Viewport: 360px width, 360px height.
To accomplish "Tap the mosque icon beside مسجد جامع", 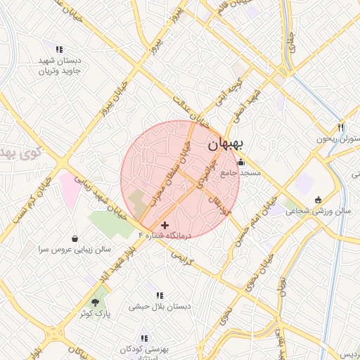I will [241, 162].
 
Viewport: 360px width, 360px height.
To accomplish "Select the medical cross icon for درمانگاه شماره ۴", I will [165, 225].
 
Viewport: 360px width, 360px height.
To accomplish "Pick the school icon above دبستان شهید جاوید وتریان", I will [59, 50].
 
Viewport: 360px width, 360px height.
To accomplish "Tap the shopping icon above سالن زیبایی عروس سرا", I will [75, 238].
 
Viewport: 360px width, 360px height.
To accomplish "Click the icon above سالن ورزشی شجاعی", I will [318, 200].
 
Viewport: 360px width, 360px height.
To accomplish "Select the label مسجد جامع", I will [241, 172].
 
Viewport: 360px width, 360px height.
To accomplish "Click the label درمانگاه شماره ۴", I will [165, 236].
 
